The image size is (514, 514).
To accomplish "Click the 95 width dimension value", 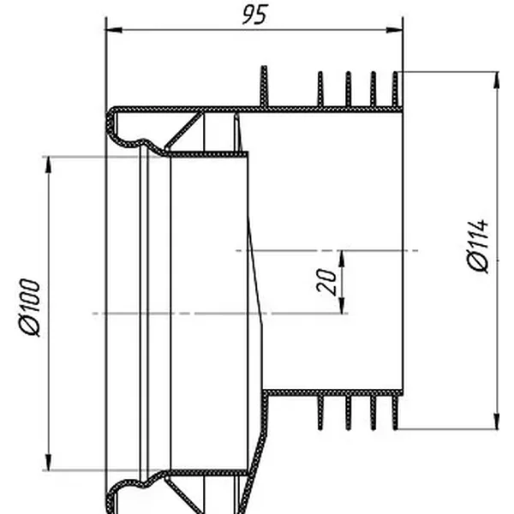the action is click(255, 15).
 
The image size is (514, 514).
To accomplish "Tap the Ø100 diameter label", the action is click(30, 308).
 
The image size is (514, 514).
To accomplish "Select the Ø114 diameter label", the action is click(478, 246).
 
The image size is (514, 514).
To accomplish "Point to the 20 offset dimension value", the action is click(327, 281).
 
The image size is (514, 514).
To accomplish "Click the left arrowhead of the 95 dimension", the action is click(114, 30).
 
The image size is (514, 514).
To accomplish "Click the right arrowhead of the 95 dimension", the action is click(394, 30).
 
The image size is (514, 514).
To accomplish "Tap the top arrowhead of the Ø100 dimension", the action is click(49, 164).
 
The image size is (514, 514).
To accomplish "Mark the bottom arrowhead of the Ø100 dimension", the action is click(49, 462).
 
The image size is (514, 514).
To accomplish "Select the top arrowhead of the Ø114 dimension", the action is click(497, 80).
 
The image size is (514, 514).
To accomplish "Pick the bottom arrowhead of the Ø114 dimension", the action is click(497, 421).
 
